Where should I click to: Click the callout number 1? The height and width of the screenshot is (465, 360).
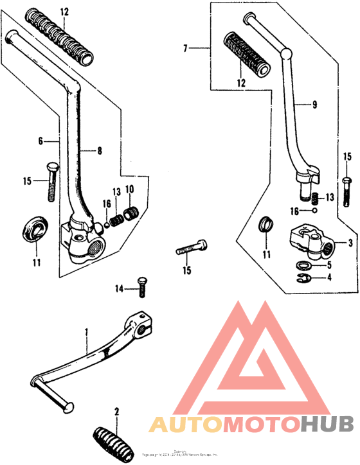point(87,332)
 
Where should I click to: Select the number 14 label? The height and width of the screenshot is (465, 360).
point(118,288)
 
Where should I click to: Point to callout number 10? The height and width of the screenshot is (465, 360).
point(129,189)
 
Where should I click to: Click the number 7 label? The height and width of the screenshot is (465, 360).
point(185,48)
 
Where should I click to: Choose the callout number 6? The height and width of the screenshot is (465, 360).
point(40,141)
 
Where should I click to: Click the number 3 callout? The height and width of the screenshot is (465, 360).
point(350,243)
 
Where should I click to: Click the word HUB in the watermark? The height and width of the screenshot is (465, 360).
point(327,424)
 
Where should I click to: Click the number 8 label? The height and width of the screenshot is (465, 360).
point(100,151)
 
